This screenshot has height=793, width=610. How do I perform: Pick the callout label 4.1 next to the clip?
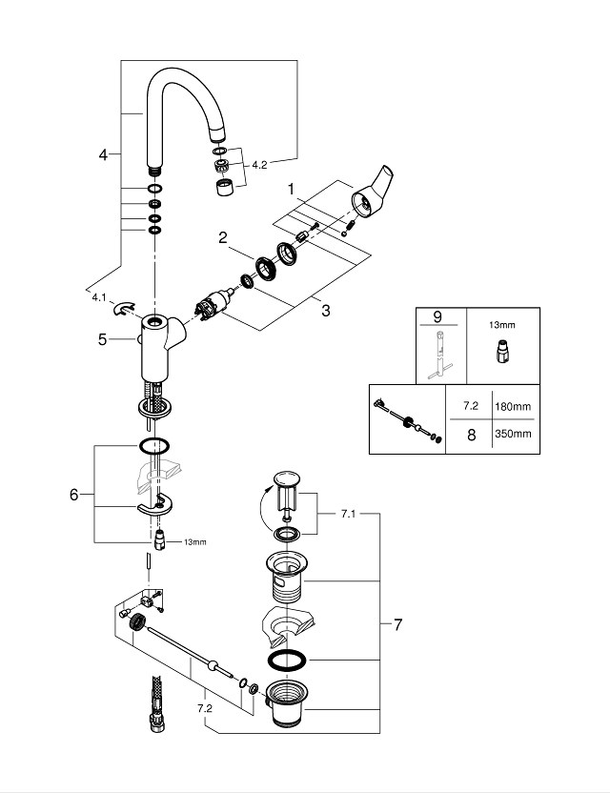point(99,297)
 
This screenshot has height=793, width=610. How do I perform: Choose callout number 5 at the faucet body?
point(103,338)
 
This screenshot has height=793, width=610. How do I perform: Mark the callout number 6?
point(74,495)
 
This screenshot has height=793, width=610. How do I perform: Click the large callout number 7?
point(397,625)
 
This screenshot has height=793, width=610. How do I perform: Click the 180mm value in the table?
point(513,406)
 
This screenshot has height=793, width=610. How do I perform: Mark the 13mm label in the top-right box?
point(499,325)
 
